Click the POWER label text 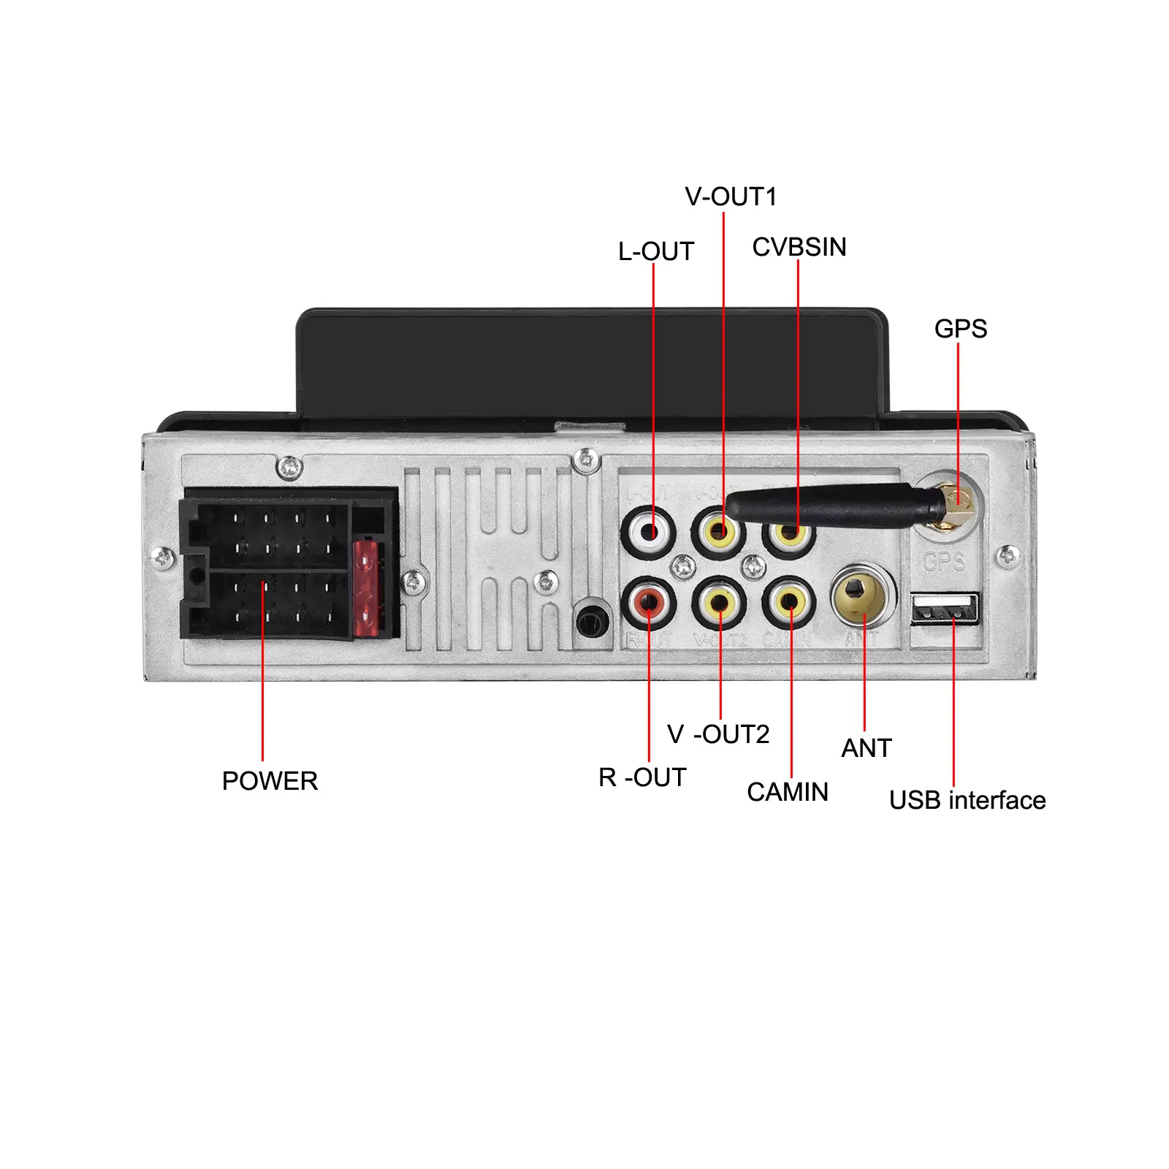(270, 781)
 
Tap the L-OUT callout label (655, 251)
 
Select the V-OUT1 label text (730, 197)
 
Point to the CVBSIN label (799, 247)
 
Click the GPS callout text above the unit (960, 329)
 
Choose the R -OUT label (642, 777)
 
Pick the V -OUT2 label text (718, 734)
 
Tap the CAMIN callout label (787, 792)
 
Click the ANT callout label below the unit (866, 748)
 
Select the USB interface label (967, 800)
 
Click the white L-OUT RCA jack (648, 531)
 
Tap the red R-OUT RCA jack (648, 603)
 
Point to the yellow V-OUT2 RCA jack (719, 603)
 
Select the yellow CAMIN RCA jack (789, 603)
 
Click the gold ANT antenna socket (863, 595)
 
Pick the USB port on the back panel (944, 609)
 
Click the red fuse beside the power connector (366, 588)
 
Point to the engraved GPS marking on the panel (943, 561)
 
